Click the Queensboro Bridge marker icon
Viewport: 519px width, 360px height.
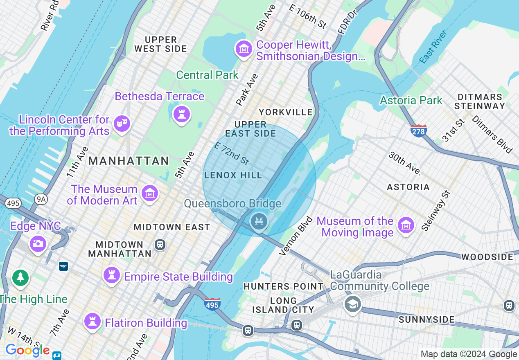click(x=259, y=222)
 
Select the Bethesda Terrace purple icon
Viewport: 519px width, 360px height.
click(x=182, y=113)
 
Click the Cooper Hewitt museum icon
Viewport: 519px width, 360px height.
click(x=244, y=49)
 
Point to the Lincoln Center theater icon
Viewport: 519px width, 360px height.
click(x=122, y=123)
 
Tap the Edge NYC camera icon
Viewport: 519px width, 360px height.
click(x=38, y=244)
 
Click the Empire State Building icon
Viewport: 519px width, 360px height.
click(x=111, y=275)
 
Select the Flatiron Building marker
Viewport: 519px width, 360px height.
click(x=93, y=321)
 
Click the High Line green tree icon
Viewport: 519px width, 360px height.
click(x=20, y=278)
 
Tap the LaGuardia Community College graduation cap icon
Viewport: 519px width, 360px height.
click(x=352, y=304)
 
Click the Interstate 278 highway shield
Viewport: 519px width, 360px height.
click(x=418, y=130)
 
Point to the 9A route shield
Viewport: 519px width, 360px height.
click(x=41, y=199)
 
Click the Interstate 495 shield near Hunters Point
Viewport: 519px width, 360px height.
click(x=212, y=304)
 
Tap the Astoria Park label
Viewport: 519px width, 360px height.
click(x=411, y=100)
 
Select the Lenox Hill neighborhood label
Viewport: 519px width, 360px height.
click(x=233, y=175)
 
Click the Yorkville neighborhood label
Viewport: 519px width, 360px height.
click(x=285, y=112)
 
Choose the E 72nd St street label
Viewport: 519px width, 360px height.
click(x=232, y=153)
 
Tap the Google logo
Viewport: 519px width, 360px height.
click(x=27, y=351)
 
